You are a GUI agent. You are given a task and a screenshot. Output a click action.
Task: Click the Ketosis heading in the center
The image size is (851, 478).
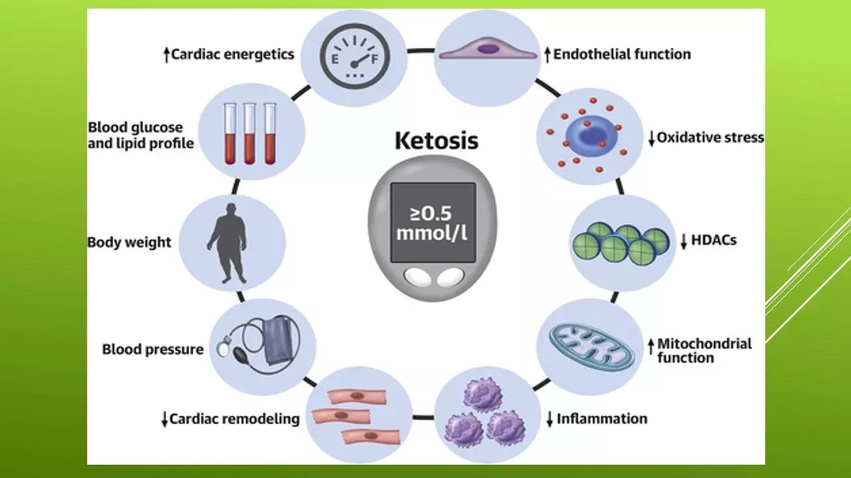pyautogui.click(x=436, y=141)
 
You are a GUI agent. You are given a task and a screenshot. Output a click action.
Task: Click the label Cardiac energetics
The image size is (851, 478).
pyautogui.click(x=233, y=54)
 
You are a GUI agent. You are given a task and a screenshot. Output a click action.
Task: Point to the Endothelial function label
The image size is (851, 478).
pyautogui.click(x=622, y=54)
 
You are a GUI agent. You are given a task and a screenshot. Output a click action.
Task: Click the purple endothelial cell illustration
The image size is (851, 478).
pyautogui.click(x=487, y=48)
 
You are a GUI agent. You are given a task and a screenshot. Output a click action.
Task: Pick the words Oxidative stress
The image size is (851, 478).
pyautogui.click(x=710, y=138)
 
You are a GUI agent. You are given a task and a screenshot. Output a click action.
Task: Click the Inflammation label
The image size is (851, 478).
pyautogui.click(x=602, y=419)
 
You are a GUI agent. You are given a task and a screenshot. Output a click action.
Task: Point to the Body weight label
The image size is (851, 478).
pyautogui.click(x=129, y=242)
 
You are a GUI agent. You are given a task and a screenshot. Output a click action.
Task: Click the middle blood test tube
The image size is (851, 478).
pyautogui.click(x=250, y=133)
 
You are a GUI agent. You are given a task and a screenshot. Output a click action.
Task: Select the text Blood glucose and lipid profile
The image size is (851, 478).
pyautogui.click(x=140, y=135)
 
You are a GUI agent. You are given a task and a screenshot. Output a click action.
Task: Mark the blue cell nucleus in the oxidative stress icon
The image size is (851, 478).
pyautogui.click(x=586, y=135)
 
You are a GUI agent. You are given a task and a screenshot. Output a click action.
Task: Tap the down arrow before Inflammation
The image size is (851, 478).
pyautogui.click(x=550, y=420)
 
